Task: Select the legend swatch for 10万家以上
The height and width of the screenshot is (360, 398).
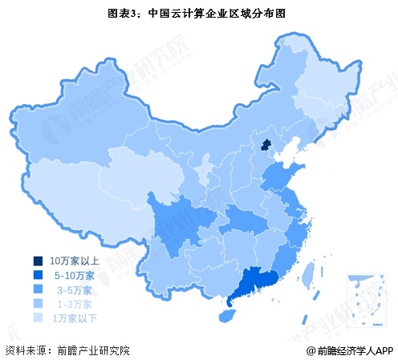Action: (37, 261)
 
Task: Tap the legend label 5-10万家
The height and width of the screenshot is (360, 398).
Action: (73, 275)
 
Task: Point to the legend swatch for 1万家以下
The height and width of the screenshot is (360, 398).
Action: (37, 318)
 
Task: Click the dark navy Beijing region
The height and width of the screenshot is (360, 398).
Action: (266, 144)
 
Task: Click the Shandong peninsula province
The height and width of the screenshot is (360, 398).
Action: (285, 173)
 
